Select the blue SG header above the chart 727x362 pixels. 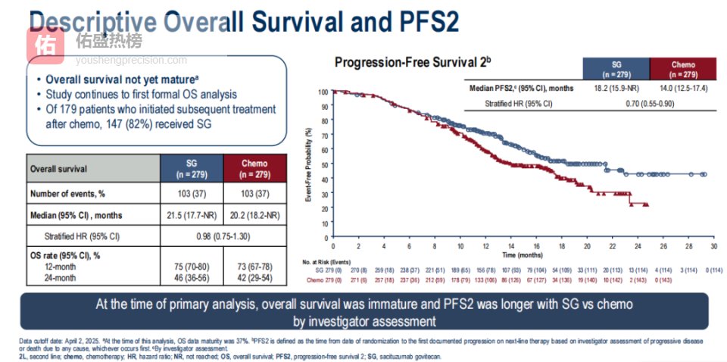click(616, 70)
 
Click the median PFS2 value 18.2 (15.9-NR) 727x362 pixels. click(616, 88)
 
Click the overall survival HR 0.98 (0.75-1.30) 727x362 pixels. click(224, 236)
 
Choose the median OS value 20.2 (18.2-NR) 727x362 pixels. click(256, 215)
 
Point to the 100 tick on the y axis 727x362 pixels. click(323, 92)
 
